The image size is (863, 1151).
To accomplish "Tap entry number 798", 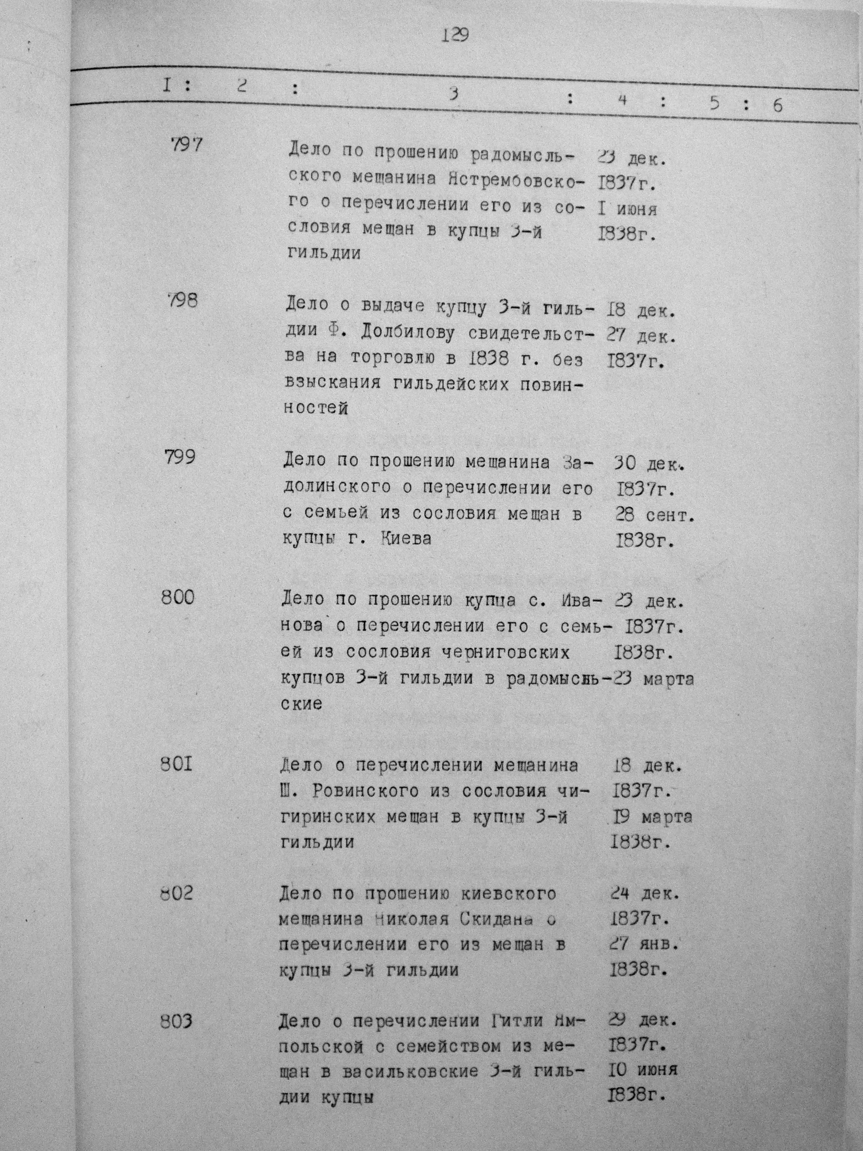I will tap(182, 301).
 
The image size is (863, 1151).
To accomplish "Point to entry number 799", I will tap(179, 457).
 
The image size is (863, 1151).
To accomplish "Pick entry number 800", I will tap(178, 597).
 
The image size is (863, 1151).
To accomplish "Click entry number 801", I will tap(176, 766).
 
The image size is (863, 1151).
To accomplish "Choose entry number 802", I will tap(177, 894).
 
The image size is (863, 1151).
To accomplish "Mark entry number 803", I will tap(176, 1022).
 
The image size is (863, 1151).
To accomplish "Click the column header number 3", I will tap(454, 95).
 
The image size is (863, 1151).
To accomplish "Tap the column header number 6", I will tap(777, 106).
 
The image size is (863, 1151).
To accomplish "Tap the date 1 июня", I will tap(627, 209).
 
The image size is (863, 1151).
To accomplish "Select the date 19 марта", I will tap(652, 817).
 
